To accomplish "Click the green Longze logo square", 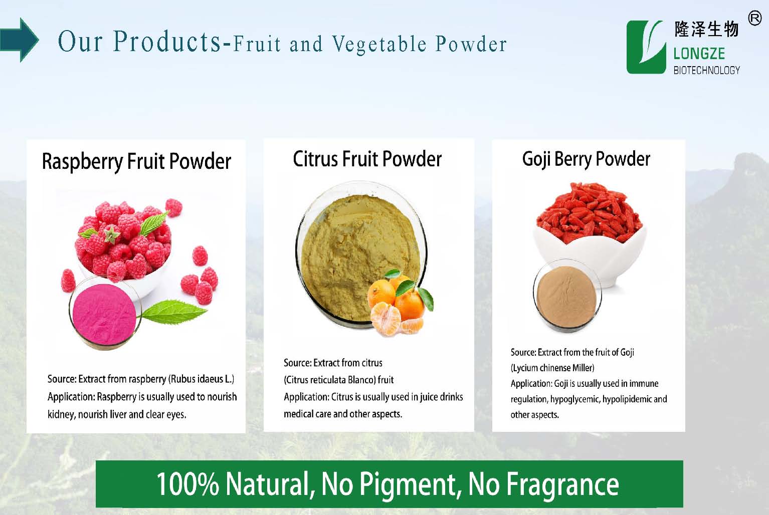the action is tap(646, 47).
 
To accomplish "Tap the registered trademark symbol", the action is tap(755, 18).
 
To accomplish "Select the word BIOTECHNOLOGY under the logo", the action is tap(706, 70).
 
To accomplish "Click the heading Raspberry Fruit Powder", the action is tap(136, 161).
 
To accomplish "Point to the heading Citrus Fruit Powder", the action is tap(367, 159).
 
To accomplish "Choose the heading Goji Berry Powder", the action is tap(586, 159).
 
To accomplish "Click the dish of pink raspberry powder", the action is tap(105, 313).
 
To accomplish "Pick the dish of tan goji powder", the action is tap(566, 296).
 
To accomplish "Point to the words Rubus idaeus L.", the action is tap(201, 379).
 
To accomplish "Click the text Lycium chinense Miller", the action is tap(552, 368).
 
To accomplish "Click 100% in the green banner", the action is tap(188, 484).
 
